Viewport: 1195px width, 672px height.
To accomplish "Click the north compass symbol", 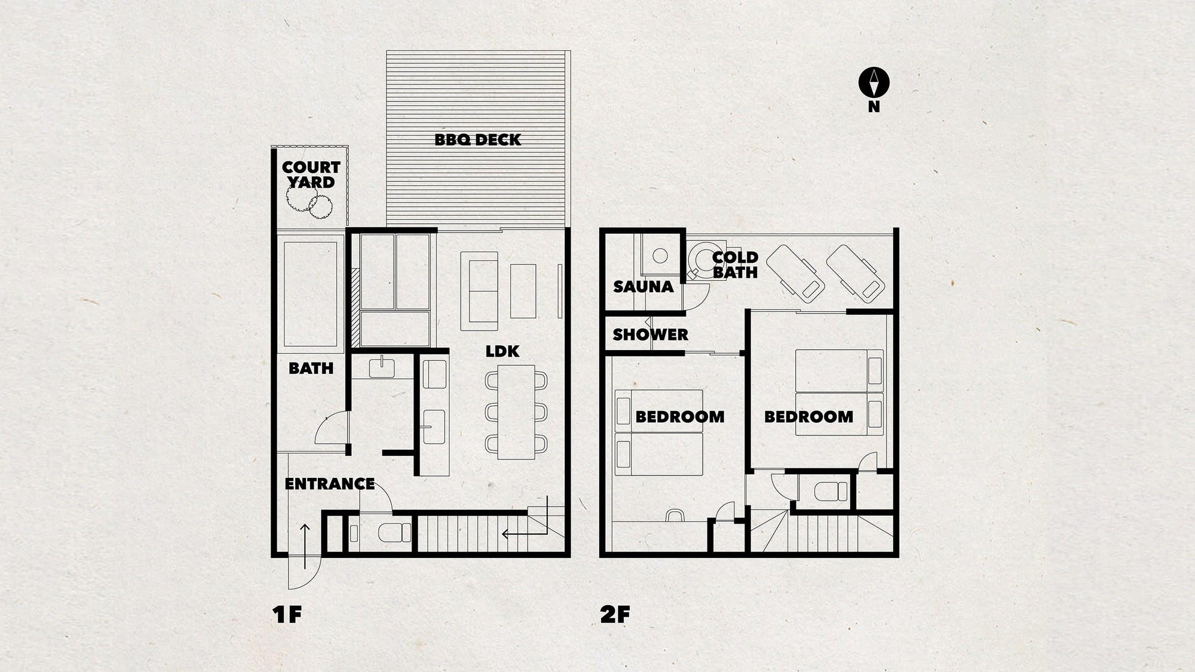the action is [874, 83].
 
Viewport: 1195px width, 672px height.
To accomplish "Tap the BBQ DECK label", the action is [478, 140].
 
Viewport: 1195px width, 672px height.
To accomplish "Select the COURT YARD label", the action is [311, 174].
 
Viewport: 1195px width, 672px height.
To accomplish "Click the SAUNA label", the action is [644, 287].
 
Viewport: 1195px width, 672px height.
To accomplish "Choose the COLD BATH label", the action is [735, 265].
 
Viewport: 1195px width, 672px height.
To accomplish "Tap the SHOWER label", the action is [650, 335].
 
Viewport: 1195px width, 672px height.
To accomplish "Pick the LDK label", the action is [502, 351].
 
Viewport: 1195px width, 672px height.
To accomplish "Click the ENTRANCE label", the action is [330, 484].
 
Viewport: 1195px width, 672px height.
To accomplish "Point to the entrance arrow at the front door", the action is [305, 545].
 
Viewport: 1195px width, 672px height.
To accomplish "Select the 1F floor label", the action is [287, 615].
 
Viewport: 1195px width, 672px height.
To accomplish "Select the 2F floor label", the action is [615, 615].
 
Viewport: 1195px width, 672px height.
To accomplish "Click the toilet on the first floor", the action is [395, 532].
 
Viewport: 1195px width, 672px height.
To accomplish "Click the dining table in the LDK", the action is [516, 412].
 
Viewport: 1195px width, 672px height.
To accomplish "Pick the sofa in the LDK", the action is [479, 291].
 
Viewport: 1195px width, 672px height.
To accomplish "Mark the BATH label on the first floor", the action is [311, 368].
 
